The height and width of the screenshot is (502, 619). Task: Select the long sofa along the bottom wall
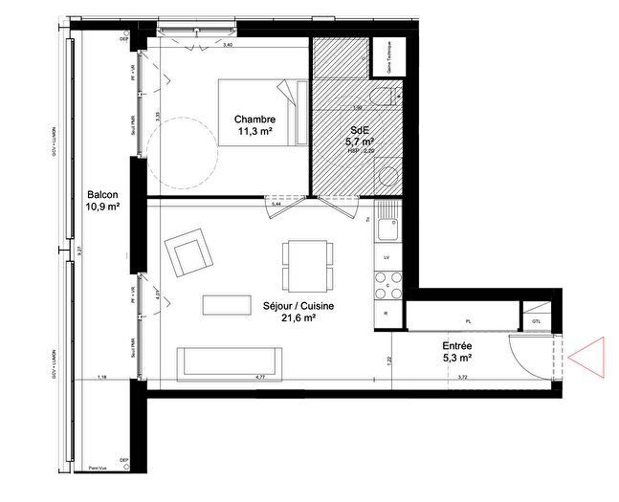pos(230,361)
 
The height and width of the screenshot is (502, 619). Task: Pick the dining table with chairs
pos(308,265)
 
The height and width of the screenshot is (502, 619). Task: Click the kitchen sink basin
pos(388,229)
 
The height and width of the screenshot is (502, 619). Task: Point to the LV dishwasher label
pos(387,258)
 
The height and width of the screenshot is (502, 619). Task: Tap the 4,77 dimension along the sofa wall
pos(259,378)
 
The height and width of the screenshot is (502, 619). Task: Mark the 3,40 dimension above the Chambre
pos(228,45)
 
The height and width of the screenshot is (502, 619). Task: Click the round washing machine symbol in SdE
pos(388,178)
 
